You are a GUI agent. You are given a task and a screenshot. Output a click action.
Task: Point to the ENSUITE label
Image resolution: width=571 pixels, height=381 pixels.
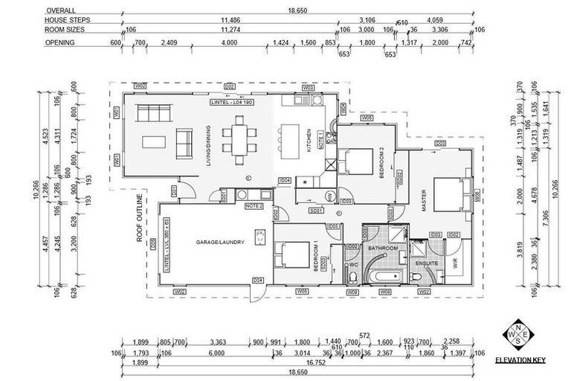pos(427,263)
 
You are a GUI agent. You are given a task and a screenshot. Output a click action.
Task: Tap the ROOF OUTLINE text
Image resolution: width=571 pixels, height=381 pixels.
pos(139,217)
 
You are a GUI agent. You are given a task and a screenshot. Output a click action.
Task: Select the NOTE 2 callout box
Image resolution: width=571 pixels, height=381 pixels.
pos(254,205)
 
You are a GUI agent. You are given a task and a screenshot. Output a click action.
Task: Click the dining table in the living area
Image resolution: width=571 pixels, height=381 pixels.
pos(239,139)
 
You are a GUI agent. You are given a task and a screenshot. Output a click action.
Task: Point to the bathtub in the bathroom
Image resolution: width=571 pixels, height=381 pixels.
pos(385,279)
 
